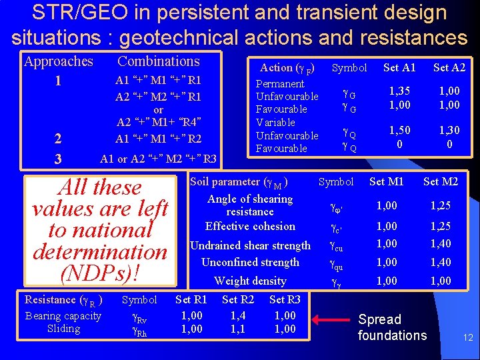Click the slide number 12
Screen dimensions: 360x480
coord(468,338)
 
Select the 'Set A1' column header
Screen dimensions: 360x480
coord(399,67)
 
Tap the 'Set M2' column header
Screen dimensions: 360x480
coord(440,181)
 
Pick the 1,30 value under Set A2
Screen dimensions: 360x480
coord(449,131)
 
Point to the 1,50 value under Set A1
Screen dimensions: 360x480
coord(399,131)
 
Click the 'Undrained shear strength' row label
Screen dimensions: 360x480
coord(251,245)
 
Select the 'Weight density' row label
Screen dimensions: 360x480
coord(250,281)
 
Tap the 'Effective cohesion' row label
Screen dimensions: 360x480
coord(250,226)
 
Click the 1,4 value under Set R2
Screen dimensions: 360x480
coord(238,315)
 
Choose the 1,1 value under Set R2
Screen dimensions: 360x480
coord(238,328)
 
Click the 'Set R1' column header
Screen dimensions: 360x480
coord(191,299)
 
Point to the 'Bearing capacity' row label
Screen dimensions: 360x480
coord(63,315)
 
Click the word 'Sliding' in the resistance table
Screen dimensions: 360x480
coord(63,328)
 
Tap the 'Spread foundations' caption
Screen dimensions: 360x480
coord(392,327)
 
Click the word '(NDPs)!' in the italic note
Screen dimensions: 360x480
coord(100,273)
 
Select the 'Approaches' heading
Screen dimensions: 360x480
coord(59,61)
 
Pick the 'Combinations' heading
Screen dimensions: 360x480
coord(159,61)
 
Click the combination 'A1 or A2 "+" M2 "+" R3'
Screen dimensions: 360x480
coord(158,159)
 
